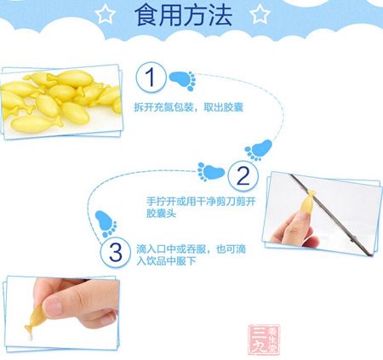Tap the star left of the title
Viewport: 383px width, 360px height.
coord(104,14)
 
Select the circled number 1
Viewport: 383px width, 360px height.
coord(151,79)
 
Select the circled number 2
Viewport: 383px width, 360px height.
coord(243,177)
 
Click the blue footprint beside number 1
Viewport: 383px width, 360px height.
coord(180,82)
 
